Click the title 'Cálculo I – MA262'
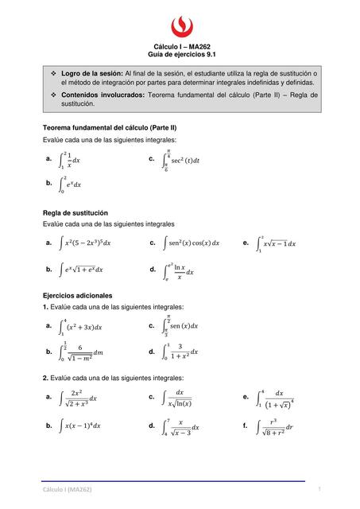point(180,46)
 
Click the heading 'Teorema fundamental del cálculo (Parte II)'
point(109,127)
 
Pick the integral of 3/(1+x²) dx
point(180,351)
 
